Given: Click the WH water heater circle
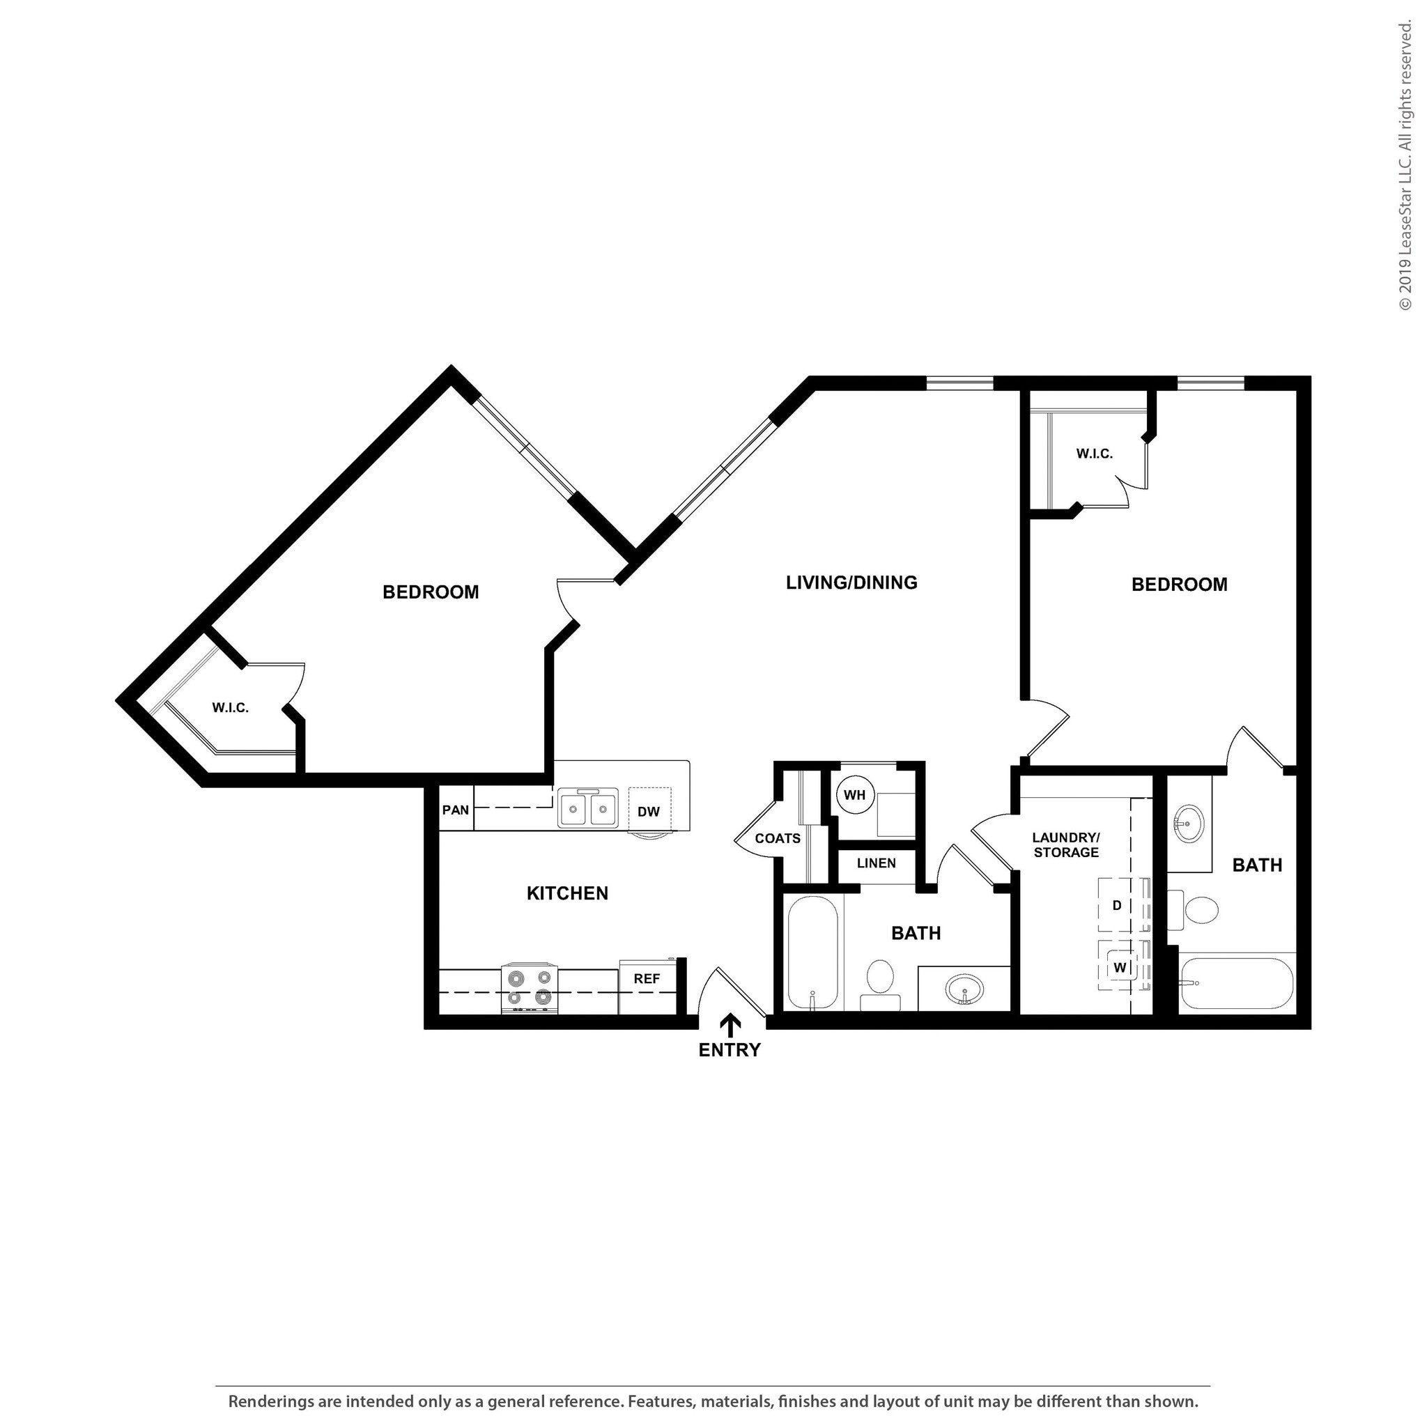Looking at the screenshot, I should pos(854,796).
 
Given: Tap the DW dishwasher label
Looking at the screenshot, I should pos(648,812).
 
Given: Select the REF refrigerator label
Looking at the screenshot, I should pos(647,979).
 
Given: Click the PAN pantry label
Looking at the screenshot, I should pos(455,810).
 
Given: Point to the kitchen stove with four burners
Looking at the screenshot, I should pos(529,987).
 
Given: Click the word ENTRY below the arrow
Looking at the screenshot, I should pos(729,1049).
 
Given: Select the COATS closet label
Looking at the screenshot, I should pos(777,838).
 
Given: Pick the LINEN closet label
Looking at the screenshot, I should pos(876,863).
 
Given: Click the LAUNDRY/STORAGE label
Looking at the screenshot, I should pos(1066,845).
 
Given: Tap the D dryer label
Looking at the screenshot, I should pos(1117,906).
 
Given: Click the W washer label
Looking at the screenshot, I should pos(1120,968).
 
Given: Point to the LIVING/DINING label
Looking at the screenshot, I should pos(851,583).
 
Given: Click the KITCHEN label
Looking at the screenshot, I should pos(567,894).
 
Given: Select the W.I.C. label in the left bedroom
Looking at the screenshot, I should pos(231,708).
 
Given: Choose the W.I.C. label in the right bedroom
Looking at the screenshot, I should pos(1094,454).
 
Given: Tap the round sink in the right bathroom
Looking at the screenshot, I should pos(1189,824).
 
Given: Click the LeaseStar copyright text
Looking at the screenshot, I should pos(1405,167).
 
